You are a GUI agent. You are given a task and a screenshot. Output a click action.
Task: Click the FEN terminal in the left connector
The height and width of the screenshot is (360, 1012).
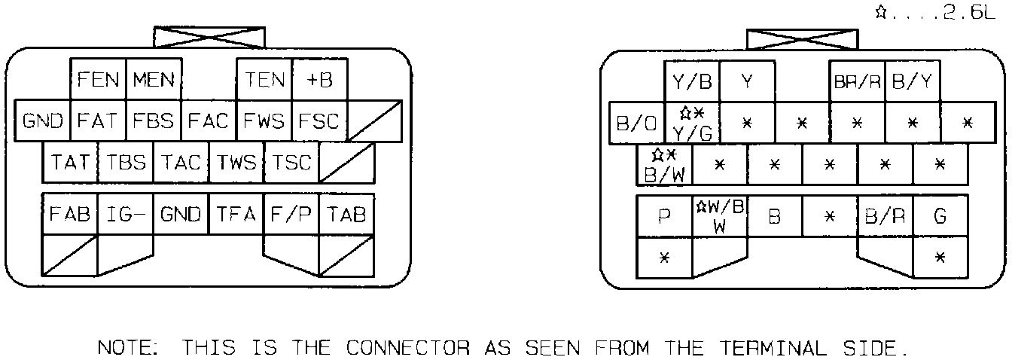click(x=99, y=79)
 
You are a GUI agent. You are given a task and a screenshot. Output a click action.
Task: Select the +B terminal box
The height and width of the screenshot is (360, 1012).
click(x=320, y=79)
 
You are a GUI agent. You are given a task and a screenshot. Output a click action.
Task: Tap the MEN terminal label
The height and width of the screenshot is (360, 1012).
click(x=154, y=79)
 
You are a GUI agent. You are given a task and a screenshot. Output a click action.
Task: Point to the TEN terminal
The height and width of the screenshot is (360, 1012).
click(x=264, y=79)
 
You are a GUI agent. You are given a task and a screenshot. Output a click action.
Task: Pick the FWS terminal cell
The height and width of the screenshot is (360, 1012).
click(x=264, y=121)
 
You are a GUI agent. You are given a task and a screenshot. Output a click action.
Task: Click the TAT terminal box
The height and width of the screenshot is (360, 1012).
click(x=71, y=162)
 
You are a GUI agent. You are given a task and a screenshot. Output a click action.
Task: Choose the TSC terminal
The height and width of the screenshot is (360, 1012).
click(x=291, y=162)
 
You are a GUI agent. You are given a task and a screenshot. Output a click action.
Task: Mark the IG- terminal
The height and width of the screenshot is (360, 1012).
click(x=126, y=215)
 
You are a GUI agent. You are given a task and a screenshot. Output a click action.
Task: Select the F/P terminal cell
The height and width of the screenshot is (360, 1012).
click(x=291, y=215)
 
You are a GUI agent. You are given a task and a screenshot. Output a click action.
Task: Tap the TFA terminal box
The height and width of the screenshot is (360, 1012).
click(x=236, y=215)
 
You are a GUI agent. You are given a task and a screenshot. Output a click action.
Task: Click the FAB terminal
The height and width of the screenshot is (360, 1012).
click(x=70, y=215)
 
